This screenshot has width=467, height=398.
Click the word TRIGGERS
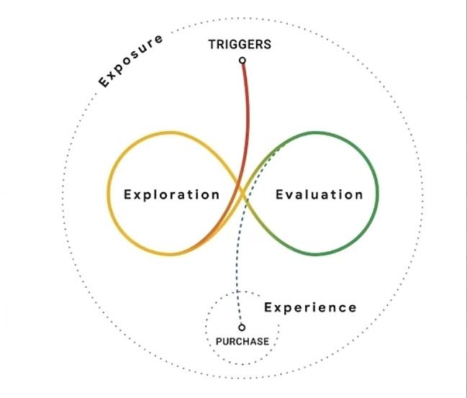click(240, 45)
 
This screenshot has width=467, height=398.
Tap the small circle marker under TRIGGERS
click(242, 60)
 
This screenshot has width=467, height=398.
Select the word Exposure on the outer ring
click(131, 61)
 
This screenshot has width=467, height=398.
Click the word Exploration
click(171, 194)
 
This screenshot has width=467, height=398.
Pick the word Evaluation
click(319, 194)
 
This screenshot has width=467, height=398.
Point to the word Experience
click(310, 308)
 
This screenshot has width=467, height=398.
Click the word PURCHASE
click(242, 341)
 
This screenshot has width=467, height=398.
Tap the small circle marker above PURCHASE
click(242, 327)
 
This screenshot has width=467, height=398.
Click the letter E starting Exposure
click(104, 81)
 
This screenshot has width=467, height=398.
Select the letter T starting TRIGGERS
click(212, 45)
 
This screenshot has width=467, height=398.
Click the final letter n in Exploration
click(216, 196)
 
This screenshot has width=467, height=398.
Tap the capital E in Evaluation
click(280, 194)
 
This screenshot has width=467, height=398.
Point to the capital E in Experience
click(268, 307)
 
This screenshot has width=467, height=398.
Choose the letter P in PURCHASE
click(219, 341)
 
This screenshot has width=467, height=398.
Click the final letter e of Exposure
click(159, 39)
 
